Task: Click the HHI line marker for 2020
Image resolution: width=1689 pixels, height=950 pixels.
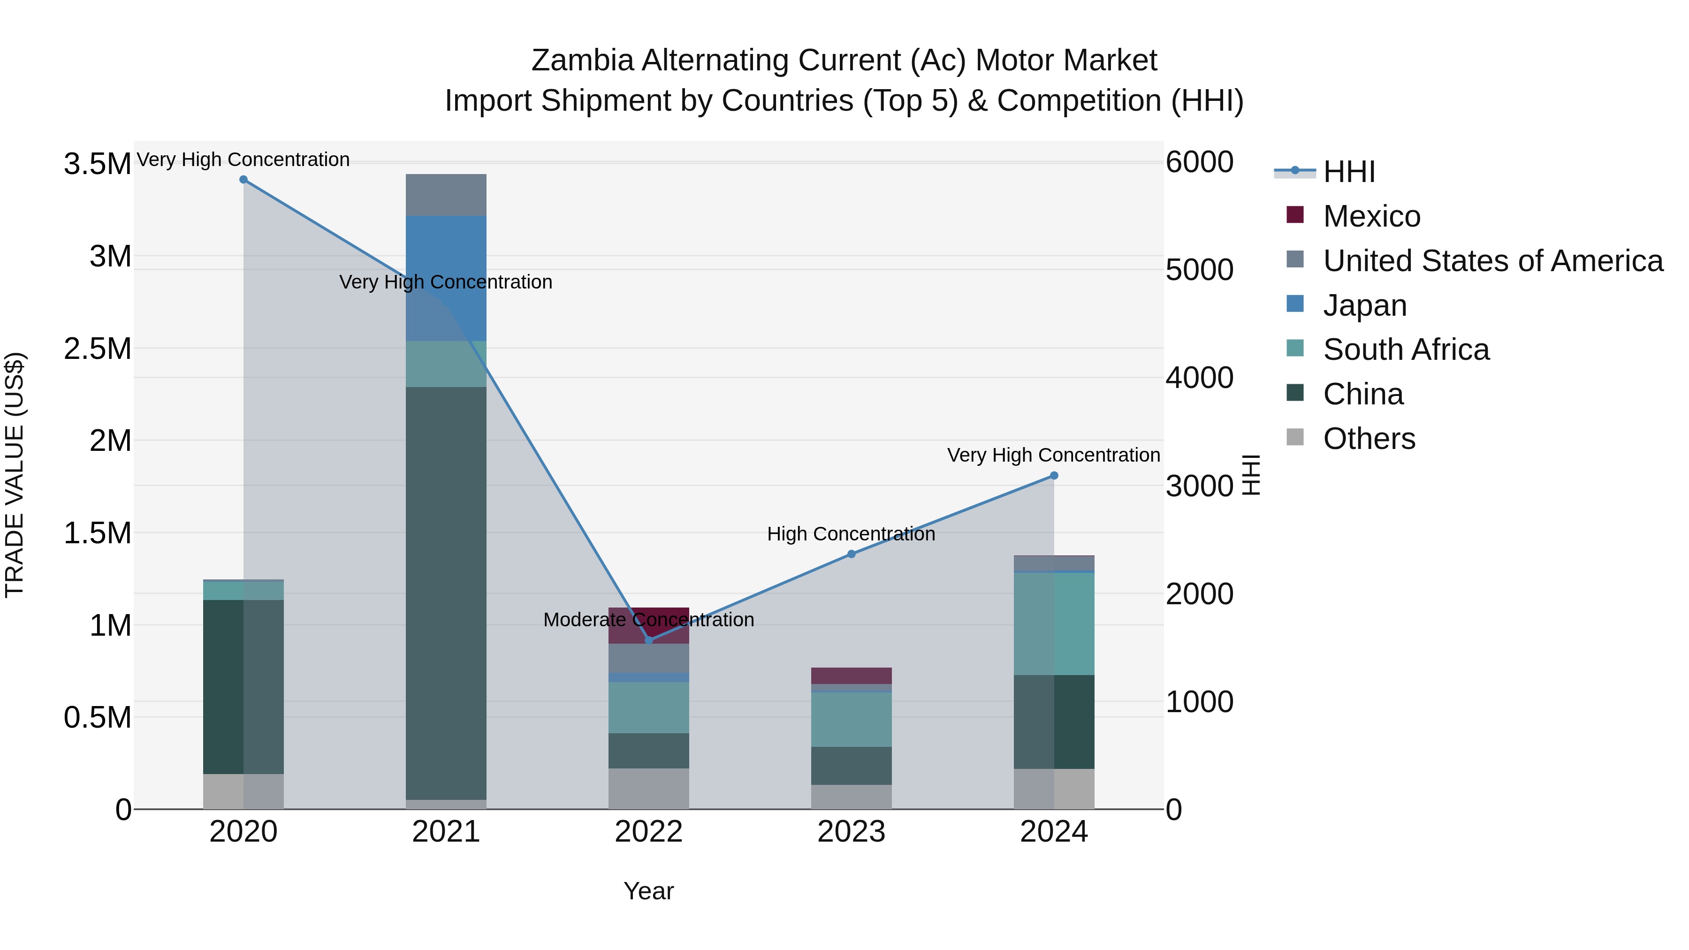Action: tap(243, 180)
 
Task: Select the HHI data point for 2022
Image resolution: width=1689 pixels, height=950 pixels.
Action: tap(648, 640)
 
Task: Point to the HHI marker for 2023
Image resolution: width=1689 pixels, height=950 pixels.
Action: tap(851, 554)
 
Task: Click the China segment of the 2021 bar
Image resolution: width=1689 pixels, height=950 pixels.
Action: tap(446, 590)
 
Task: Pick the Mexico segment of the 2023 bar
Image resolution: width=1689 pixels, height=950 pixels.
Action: tap(851, 675)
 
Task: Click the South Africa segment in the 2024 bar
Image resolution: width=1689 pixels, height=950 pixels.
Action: tap(1054, 623)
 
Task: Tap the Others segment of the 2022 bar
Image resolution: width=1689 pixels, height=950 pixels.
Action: tap(648, 788)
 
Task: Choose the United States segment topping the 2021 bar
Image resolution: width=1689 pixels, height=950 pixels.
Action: tap(446, 195)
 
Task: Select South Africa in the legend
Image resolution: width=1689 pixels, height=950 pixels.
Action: tap(1406, 350)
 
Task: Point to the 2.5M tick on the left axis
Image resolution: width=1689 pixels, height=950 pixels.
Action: tap(97, 349)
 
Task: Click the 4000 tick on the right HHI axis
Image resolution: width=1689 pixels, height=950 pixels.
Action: tap(1199, 378)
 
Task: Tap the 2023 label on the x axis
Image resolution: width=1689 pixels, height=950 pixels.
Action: tap(851, 832)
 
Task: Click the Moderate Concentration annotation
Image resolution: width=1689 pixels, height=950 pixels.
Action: tap(648, 620)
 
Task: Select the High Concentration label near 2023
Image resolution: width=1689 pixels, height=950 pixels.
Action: tap(851, 534)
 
